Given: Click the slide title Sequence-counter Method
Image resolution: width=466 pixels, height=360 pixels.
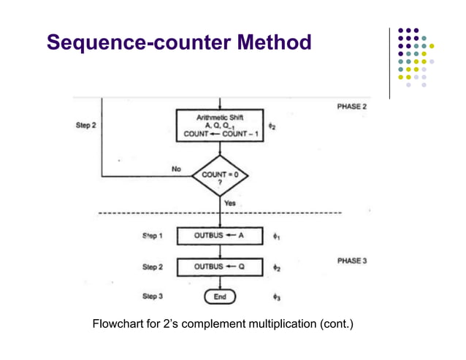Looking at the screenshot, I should (179, 42).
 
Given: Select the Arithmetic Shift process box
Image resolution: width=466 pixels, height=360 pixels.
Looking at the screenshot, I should (220, 125).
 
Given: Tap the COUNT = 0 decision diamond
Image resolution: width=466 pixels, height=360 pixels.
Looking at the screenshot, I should (220, 177).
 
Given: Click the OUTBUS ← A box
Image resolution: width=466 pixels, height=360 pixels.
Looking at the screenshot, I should (220, 237).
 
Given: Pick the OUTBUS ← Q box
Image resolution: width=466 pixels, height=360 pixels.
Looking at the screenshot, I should (220, 267).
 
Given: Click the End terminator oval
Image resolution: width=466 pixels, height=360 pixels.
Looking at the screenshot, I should (220, 296).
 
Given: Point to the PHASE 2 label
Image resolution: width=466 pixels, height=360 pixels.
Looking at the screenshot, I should (351, 107).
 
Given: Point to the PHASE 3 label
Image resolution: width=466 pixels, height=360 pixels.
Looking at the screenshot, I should (351, 261).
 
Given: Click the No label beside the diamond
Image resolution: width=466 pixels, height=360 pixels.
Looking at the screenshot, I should (176, 169).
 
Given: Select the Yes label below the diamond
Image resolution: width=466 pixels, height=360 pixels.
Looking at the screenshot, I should (230, 203).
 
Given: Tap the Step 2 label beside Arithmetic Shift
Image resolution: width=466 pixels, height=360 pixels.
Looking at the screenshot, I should (86, 125).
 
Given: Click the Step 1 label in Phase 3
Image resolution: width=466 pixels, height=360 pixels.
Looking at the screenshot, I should (153, 237).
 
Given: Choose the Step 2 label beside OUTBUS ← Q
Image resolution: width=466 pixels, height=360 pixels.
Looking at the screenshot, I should (153, 267).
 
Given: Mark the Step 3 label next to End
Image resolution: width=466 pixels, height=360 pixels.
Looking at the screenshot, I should (153, 296).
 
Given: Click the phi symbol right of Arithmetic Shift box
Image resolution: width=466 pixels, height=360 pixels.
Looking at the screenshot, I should (272, 126).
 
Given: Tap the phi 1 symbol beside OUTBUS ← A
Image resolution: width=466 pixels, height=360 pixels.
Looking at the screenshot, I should (276, 237).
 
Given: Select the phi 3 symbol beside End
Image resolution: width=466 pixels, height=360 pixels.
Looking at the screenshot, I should (276, 297).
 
